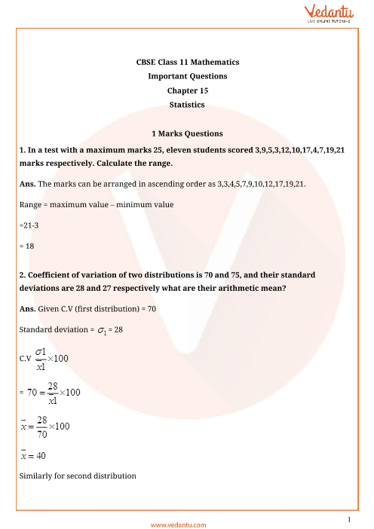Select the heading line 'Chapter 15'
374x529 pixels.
187,90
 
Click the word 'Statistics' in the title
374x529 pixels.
187,105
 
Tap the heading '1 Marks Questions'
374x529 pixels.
187,133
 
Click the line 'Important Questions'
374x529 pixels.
187,76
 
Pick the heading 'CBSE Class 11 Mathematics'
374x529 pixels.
187,62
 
